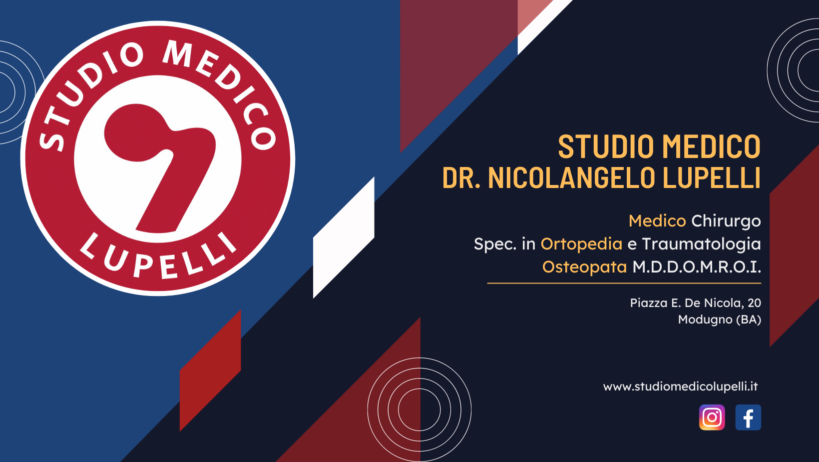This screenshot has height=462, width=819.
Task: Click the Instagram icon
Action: [x=712, y=417]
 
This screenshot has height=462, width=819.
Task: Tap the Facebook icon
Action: [x=748, y=417]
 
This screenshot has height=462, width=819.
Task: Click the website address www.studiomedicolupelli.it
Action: [x=680, y=386]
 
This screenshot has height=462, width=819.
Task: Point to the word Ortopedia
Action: [x=581, y=244]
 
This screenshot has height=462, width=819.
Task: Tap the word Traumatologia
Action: [x=701, y=244]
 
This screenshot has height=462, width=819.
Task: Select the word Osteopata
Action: [x=584, y=267]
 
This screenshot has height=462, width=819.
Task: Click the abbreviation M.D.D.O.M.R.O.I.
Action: [x=697, y=267]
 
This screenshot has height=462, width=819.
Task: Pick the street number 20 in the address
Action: [x=754, y=303]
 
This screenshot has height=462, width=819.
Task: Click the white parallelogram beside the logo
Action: [x=344, y=237]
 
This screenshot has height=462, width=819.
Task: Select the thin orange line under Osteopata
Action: [x=624, y=283]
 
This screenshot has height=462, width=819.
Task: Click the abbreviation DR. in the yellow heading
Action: [x=461, y=177]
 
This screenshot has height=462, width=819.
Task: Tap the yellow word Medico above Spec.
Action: [x=657, y=221]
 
